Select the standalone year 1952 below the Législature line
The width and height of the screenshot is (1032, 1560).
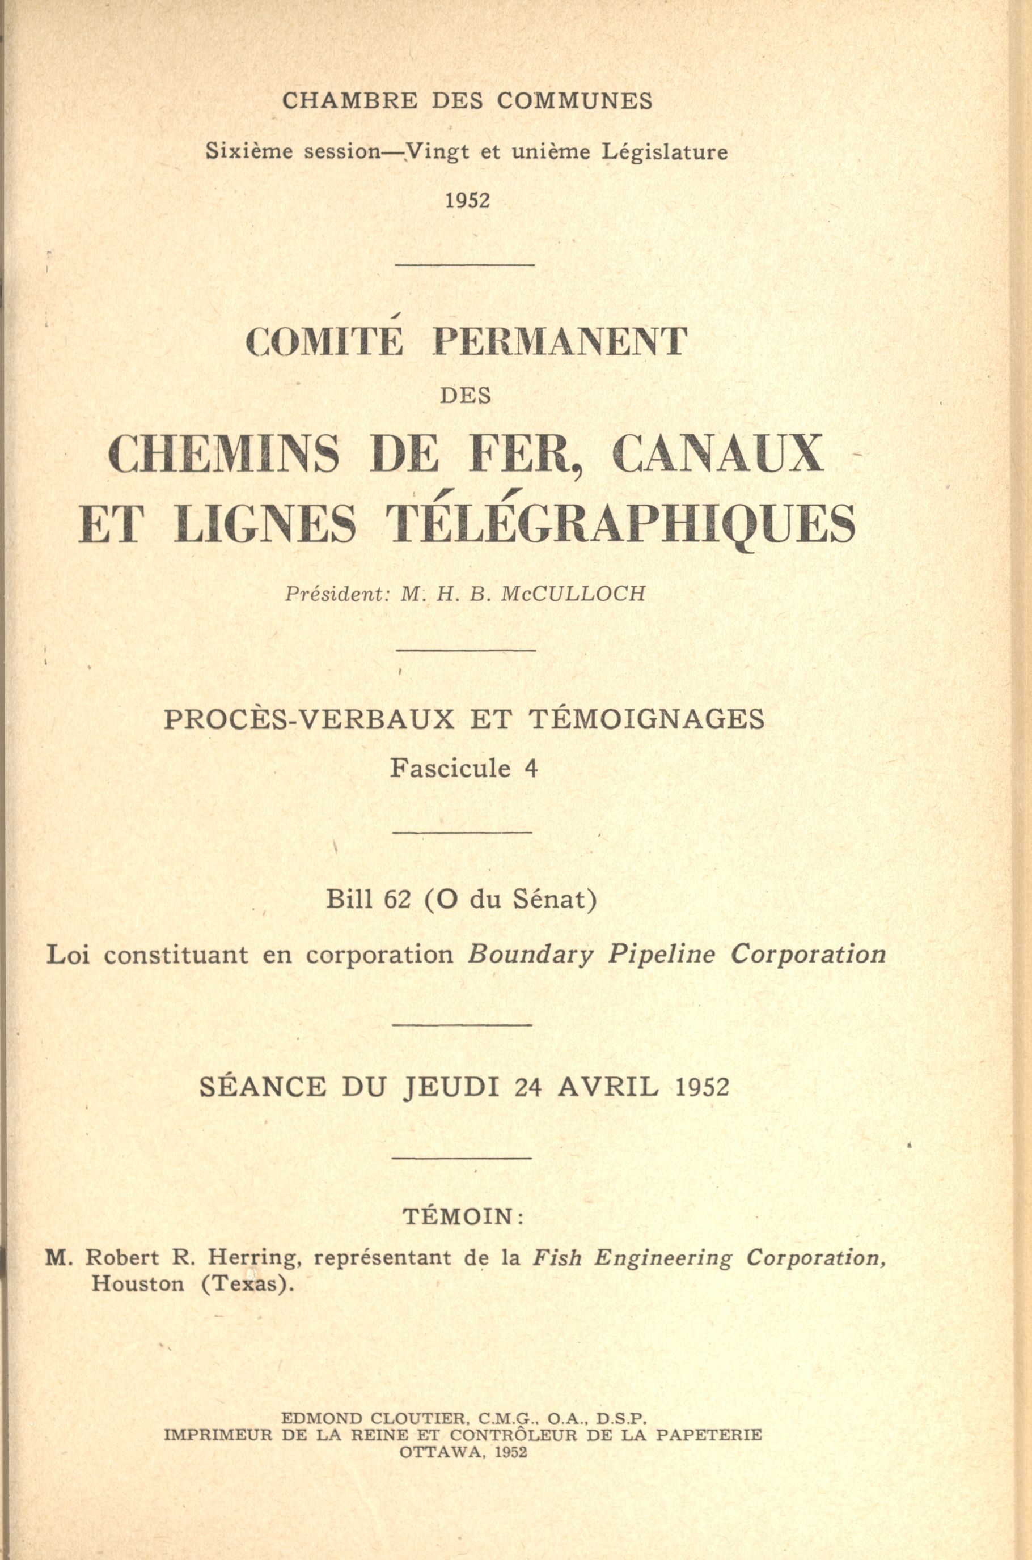[x=468, y=201]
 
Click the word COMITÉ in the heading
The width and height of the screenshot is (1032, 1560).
[x=324, y=343]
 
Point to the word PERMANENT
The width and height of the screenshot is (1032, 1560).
[x=560, y=343]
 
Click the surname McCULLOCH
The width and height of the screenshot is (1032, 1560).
[x=573, y=594]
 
